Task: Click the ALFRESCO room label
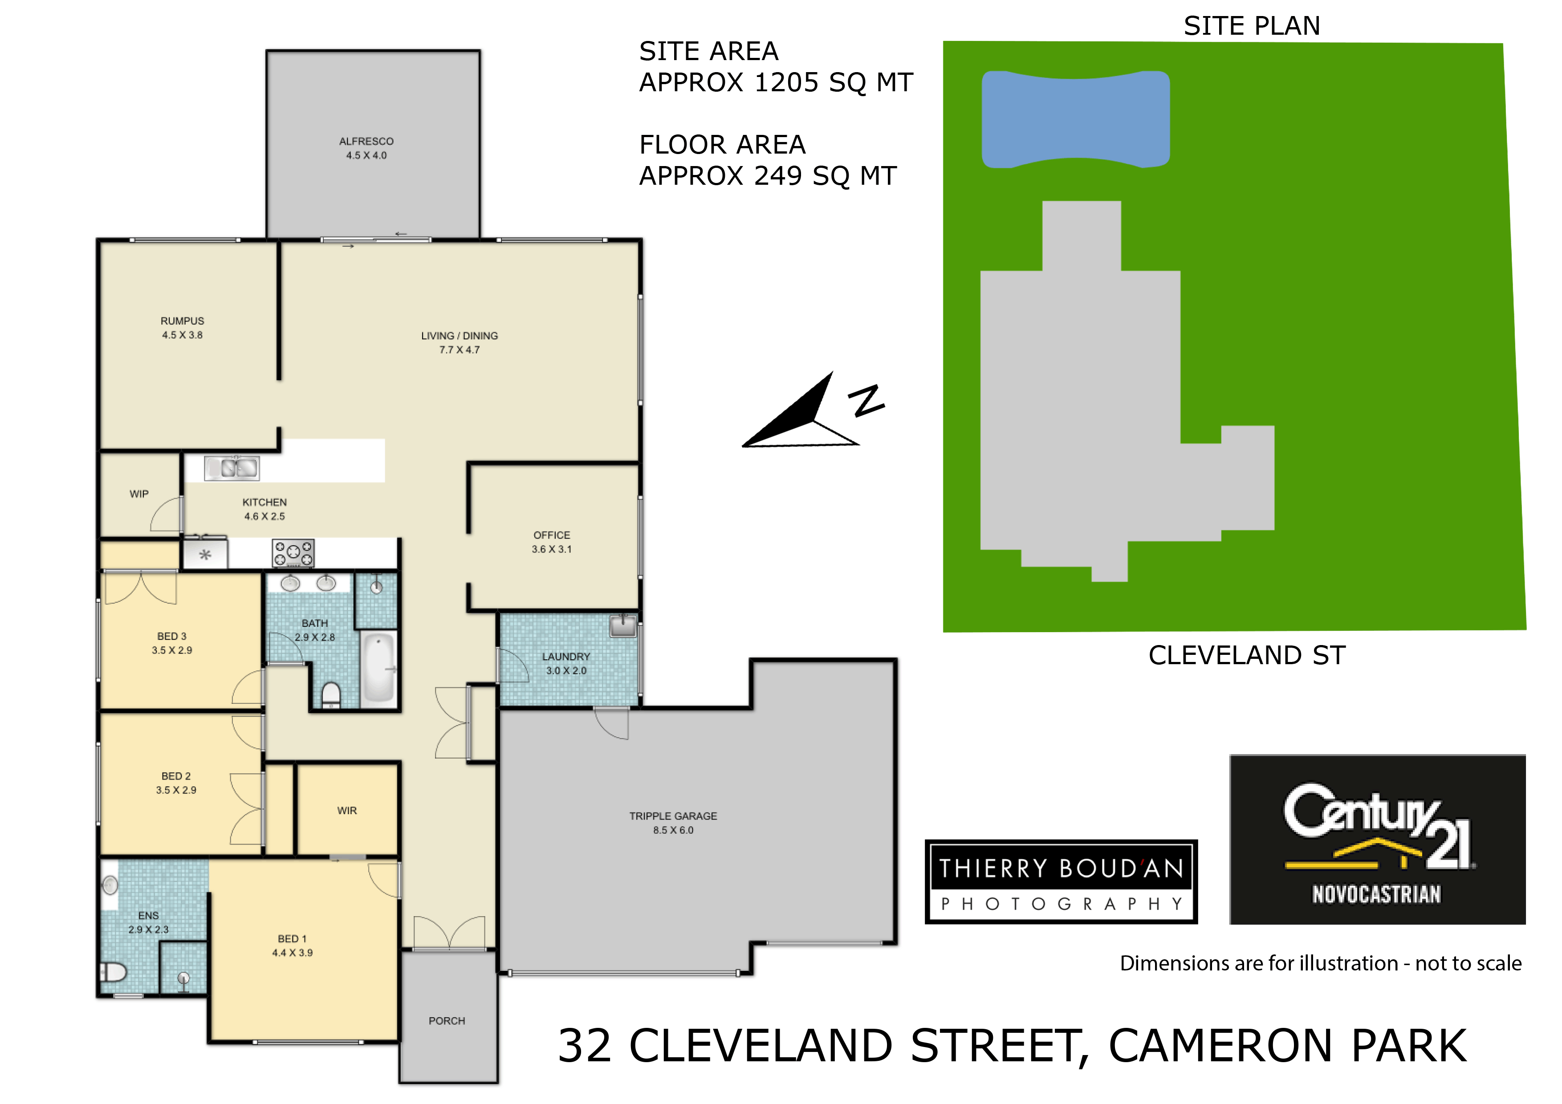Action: [366, 142]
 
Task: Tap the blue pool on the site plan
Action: [1076, 120]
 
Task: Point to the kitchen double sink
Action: [231, 468]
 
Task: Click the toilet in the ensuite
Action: [114, 971]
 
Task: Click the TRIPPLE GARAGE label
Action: [673, 816]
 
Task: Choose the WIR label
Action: [347, 811]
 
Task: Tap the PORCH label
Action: [447, 1021]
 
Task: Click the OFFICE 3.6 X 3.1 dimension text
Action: [552, 549]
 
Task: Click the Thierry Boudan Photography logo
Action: [1061, 881]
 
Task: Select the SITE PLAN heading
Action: [1252, 26]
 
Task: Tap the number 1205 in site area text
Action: [786, 82]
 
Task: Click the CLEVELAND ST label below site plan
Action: [1247, 655]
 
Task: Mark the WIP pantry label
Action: [139, 494]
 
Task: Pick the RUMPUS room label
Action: [182, 321]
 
